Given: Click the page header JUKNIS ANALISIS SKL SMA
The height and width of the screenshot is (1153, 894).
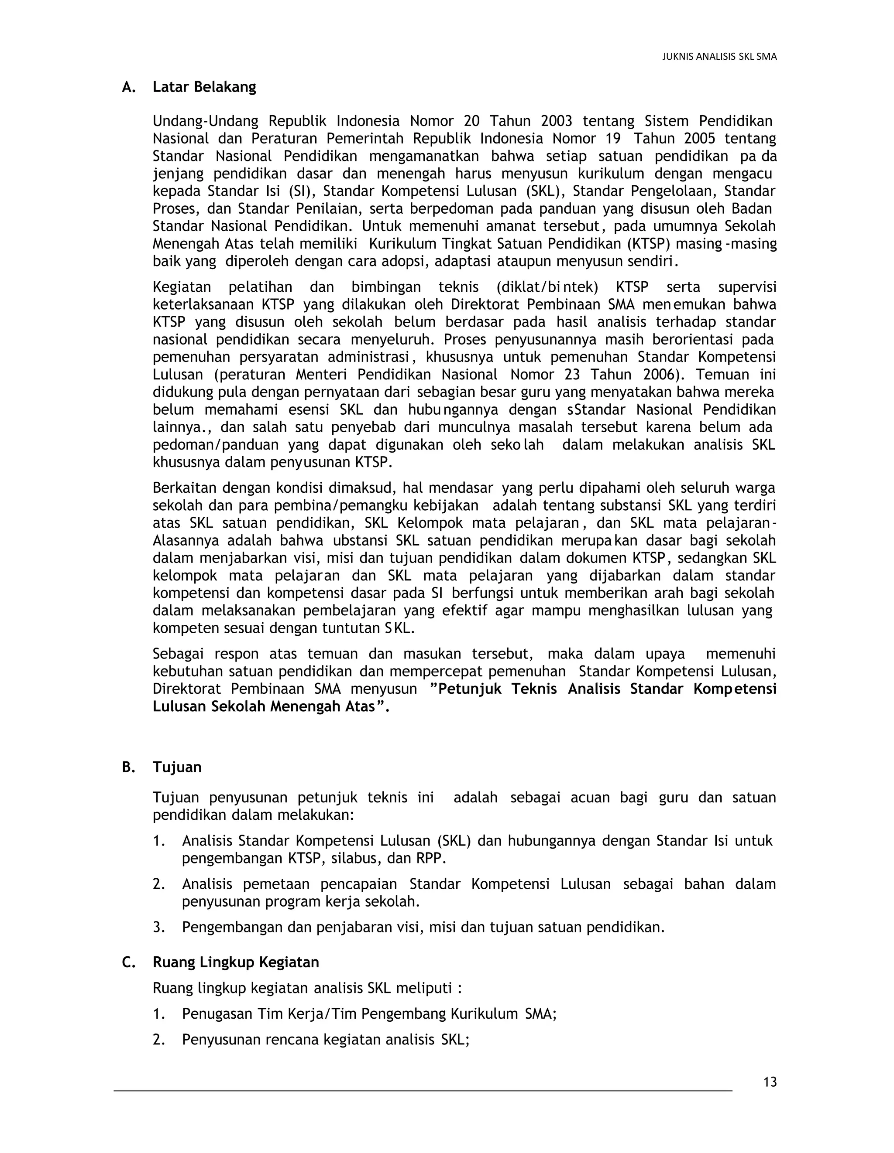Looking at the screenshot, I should (719, 57).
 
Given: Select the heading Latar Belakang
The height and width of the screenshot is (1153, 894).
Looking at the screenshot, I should (204, 87).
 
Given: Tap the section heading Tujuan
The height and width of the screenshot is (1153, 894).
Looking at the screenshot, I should (177, 767).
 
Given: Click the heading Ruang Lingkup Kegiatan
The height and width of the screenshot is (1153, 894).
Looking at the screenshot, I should (236, 962).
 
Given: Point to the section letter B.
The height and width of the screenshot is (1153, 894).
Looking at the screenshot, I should (127, 767).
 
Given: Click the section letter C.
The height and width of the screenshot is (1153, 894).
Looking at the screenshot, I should (127, 962).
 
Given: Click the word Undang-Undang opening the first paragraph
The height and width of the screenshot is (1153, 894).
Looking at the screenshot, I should (205, 121).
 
